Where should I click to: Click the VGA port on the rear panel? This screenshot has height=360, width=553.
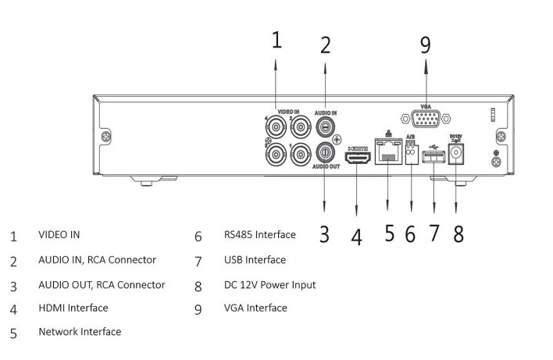tap(426, 119)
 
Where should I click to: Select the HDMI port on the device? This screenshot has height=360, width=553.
tap(358, 158)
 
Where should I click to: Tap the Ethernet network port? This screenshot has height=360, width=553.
tap(388, 151)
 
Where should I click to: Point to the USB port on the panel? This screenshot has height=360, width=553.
tap(433, 156)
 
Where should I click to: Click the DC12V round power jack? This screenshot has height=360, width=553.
tap(456, 154)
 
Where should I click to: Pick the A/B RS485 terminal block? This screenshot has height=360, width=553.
tap(411, 152)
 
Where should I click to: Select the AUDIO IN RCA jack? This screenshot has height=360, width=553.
tap(325, 127)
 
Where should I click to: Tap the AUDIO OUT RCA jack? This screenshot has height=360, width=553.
tap(325, 152)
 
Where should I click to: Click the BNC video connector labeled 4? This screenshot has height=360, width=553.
tap(276, 127)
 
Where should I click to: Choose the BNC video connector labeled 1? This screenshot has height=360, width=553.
tap(301, 155)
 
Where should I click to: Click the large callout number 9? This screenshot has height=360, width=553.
tap(426, 45)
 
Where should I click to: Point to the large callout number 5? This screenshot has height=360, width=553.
tap(389, 233)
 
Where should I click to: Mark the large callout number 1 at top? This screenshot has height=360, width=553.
tap(276, 40)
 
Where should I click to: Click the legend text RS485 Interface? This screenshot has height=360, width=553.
tap(260, 234)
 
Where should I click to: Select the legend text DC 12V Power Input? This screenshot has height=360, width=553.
tap(269, 284)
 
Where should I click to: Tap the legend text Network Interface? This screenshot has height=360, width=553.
tap(80, 331)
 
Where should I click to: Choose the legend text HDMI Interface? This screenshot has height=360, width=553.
tap(73, 308)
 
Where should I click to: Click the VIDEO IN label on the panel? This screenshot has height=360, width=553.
tap(288, 112)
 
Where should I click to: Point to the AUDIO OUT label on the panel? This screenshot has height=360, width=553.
tap(326, 166)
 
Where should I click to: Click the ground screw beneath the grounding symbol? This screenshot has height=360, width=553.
tap(496, 162)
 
